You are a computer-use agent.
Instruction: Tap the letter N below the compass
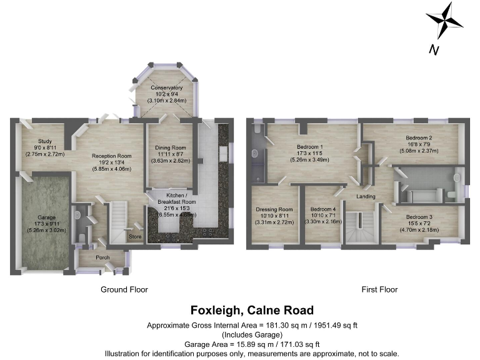coord(432,51)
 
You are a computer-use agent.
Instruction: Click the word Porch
coord(103,257)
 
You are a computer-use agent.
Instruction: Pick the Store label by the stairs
coord(134,237)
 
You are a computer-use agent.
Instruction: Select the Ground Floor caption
coord(124,289)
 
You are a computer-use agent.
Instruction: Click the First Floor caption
coord(379,289)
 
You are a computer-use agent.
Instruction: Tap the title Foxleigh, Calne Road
coord(252,311)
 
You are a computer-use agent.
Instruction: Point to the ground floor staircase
coord(119,222)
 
